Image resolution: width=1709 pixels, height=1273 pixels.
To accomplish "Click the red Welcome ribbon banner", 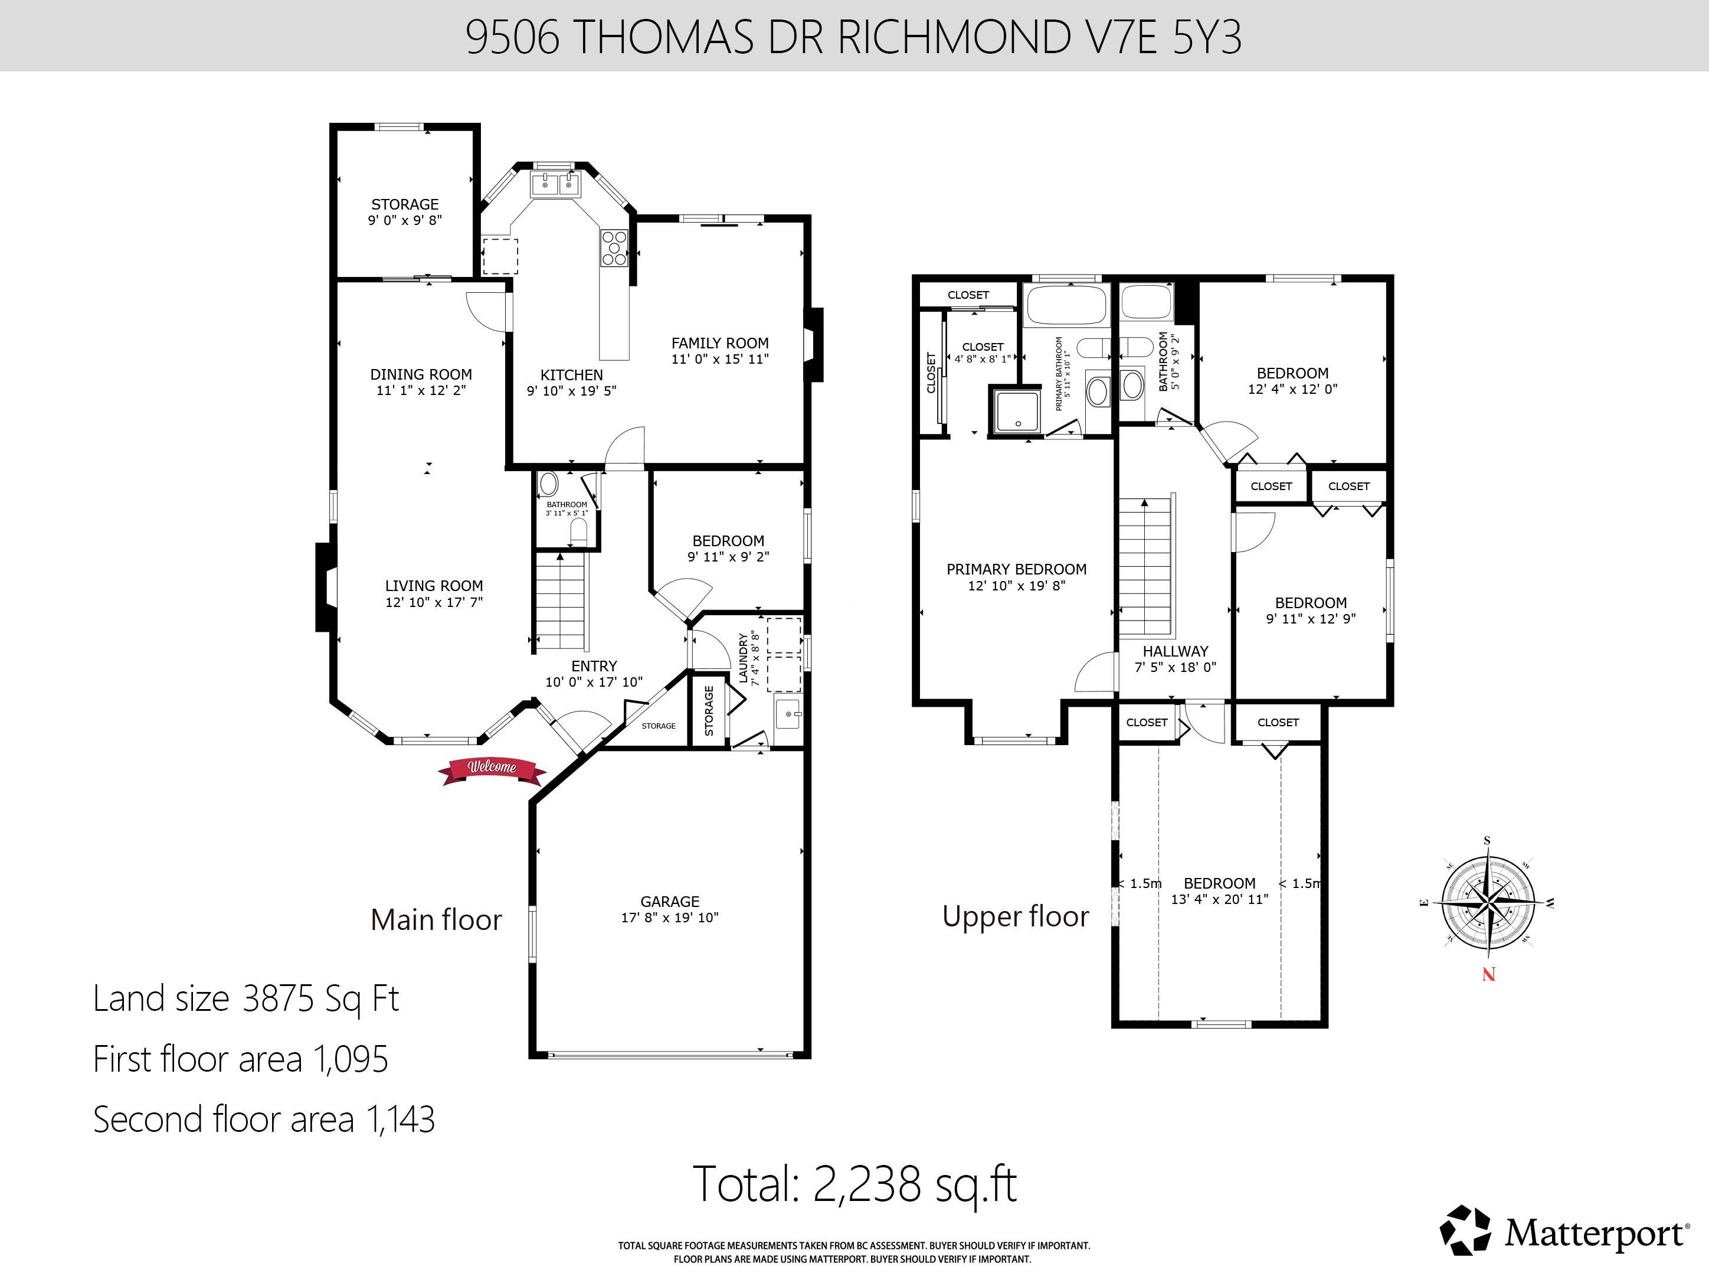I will click(492, 768).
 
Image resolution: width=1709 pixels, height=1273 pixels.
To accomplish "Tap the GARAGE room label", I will click(669, 902).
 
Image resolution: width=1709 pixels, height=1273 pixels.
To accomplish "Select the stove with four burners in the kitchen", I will click(614, 248).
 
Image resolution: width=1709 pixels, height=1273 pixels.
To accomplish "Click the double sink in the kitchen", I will click(555, 185).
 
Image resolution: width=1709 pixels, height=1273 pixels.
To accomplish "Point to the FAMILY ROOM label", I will click(719, 343).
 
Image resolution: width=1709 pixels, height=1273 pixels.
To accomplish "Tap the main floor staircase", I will click(561, 601).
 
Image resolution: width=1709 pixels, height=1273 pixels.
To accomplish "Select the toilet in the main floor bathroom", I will click(578, 532).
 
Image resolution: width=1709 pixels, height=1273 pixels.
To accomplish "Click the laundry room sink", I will click(788, 715).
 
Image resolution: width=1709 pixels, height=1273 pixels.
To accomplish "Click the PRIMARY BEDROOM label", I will click(1016, 569).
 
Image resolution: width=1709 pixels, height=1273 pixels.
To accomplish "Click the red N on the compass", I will click(1488, 975).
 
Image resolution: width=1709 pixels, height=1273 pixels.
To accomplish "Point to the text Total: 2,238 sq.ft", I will click(855, 1184).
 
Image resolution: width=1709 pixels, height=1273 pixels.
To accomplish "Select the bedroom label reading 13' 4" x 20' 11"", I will click(1219, 899).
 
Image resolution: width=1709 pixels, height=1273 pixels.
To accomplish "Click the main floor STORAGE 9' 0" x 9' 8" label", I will click(404, 212).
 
